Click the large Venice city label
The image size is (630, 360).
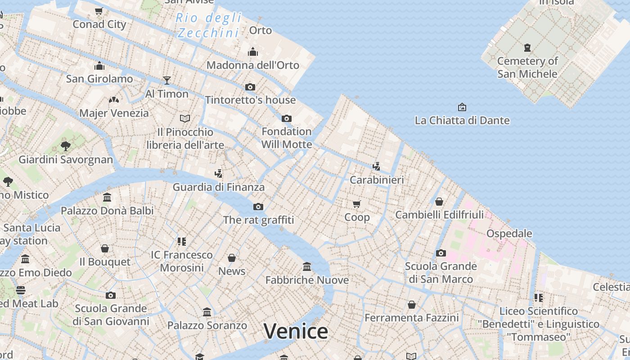[x=296, y=332]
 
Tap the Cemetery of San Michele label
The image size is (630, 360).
[x=527, y=67]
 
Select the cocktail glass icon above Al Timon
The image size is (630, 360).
[x=167, y=81]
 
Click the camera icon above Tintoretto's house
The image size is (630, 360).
[x=250, y=87]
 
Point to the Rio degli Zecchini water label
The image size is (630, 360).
[x=209, y=25]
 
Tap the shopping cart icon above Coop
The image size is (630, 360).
[x=357, y=204]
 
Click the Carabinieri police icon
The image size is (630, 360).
[x=377, y=166]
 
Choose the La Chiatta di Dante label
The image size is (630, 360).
[x=462, y=121]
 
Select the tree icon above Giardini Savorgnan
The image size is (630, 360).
[x=66, y=146]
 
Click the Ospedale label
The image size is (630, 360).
[x=509, y=234]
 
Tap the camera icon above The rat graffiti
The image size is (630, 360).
[x=258, y=207]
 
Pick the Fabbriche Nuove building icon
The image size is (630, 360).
[x=307, y=267]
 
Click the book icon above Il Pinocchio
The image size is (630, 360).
[x=185, y=118]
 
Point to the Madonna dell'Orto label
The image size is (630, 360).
[x=252, y=65]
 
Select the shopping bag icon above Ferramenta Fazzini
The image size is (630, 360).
[x=412, y=305]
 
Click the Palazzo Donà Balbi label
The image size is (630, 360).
[x=107, y=211]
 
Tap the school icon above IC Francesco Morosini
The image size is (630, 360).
[x=182, y=242]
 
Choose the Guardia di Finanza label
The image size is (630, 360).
[x=219, y=187]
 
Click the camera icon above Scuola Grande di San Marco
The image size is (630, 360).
[x=441, y=253]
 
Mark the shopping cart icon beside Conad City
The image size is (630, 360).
[x=99, y=11]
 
